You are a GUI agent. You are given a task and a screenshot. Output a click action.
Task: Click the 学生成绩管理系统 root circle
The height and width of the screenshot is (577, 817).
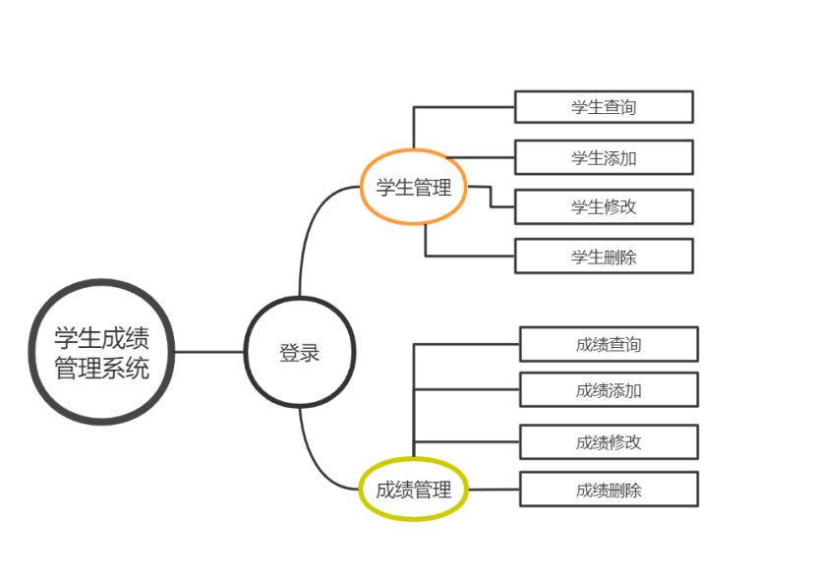[102, 352]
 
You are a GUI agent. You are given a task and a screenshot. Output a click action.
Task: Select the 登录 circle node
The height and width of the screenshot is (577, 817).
[299, 352]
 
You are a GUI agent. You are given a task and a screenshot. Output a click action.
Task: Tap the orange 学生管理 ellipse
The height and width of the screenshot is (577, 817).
[413, 187]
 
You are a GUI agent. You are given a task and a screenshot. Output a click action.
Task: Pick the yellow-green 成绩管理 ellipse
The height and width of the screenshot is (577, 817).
[413, 489]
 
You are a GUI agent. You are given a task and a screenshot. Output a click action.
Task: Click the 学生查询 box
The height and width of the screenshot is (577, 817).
[604, 106]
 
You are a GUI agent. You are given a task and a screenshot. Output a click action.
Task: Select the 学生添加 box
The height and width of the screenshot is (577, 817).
[604, 157]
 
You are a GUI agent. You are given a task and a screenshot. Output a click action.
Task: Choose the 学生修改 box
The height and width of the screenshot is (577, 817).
[604, 206]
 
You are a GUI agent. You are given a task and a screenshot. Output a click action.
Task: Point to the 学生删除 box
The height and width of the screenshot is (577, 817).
[604, 257]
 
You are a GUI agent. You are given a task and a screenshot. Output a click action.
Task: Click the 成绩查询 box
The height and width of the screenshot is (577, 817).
[609, 344]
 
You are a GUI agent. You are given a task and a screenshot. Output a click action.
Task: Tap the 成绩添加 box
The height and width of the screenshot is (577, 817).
[609, 390]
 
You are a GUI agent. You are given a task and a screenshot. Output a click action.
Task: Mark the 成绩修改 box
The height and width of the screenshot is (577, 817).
[609, 441]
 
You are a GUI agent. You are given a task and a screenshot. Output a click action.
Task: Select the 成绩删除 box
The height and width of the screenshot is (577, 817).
[609, 490]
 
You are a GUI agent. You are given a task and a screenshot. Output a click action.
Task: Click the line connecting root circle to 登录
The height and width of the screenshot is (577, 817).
[209, 352]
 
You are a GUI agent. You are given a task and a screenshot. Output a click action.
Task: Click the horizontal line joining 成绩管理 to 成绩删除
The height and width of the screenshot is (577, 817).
[493, 489]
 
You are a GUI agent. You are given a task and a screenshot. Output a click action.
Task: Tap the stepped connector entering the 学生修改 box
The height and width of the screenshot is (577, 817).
[491, 197]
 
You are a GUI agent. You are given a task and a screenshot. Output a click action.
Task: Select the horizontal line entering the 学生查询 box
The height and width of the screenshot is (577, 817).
[462, 106]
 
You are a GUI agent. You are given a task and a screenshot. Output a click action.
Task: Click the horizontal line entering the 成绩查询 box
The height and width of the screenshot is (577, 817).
[467, 344]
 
